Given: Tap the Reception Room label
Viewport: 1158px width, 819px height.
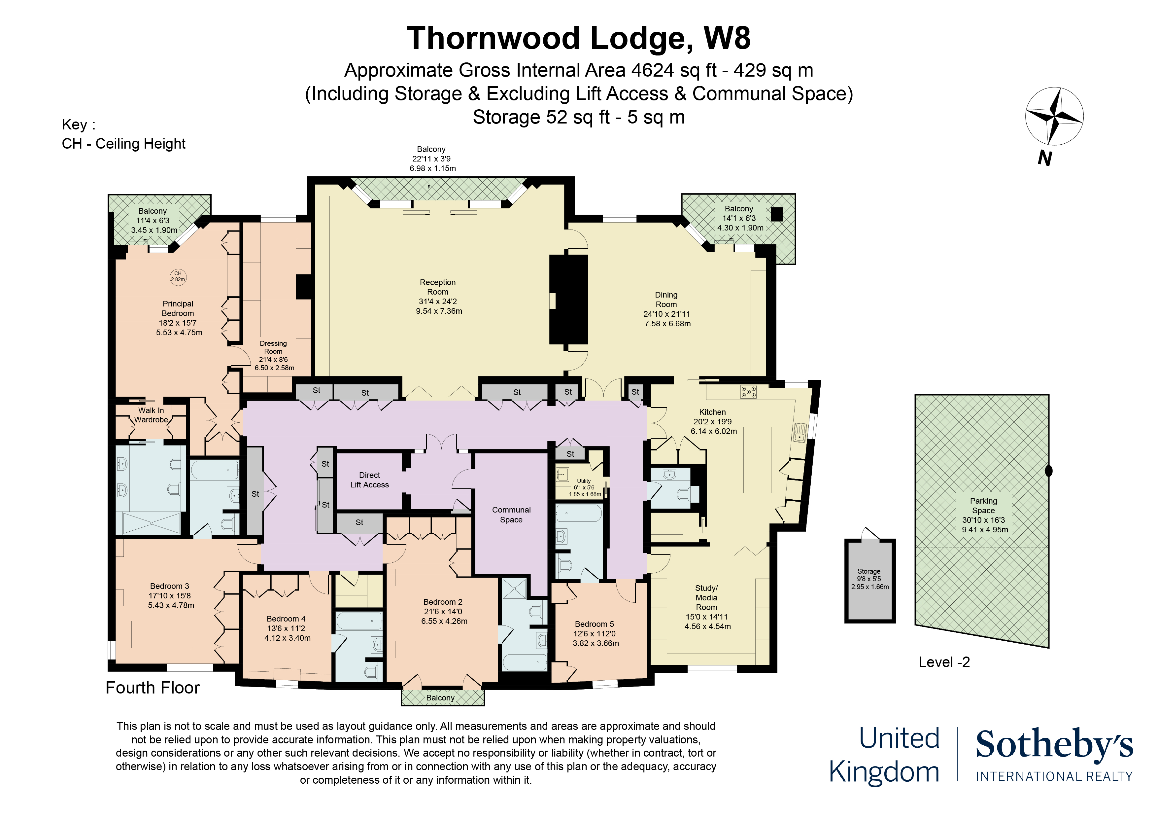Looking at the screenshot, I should coord(437,287).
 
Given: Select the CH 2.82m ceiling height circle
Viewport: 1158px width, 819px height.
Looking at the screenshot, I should coord(178,276).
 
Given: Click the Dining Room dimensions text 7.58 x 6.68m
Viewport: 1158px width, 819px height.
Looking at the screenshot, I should coord(667,323).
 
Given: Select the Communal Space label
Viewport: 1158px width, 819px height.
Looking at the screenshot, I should coord(511,515).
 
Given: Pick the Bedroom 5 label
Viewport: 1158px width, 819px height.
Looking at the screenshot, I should coord(594,624).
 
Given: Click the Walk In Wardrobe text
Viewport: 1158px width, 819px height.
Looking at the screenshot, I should coord(151,415).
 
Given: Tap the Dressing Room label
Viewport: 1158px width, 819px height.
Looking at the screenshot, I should coord(273,347).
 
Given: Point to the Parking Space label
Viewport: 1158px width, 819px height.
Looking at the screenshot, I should coord(983,506).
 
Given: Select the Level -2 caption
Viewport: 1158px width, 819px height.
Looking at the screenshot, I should coord(944,662).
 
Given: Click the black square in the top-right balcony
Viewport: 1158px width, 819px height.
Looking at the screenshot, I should coord(777,214).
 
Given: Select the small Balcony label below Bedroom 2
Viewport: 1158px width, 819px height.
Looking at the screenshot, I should coord(440,698).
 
